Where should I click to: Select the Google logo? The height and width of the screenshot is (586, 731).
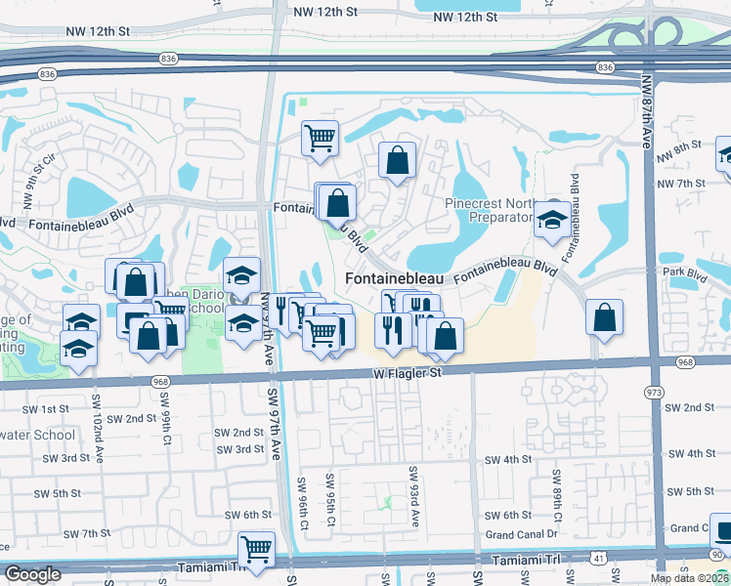33,574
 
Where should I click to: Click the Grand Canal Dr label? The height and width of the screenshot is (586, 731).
521,534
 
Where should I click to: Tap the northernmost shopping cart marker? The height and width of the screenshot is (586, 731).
320,139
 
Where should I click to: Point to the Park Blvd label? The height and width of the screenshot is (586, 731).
684,273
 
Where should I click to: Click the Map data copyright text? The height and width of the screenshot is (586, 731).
689,578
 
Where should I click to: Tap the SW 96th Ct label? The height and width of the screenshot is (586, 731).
303,502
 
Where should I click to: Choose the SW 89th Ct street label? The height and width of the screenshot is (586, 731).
555,494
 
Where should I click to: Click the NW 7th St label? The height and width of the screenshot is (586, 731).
682,184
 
